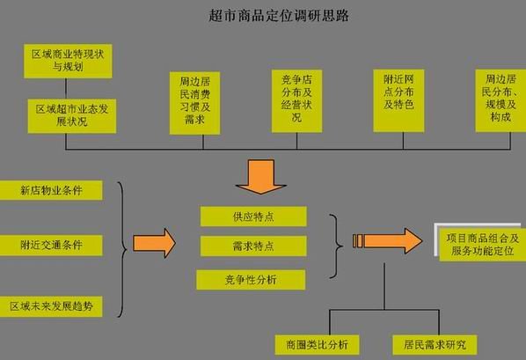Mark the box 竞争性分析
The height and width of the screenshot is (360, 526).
252,279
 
